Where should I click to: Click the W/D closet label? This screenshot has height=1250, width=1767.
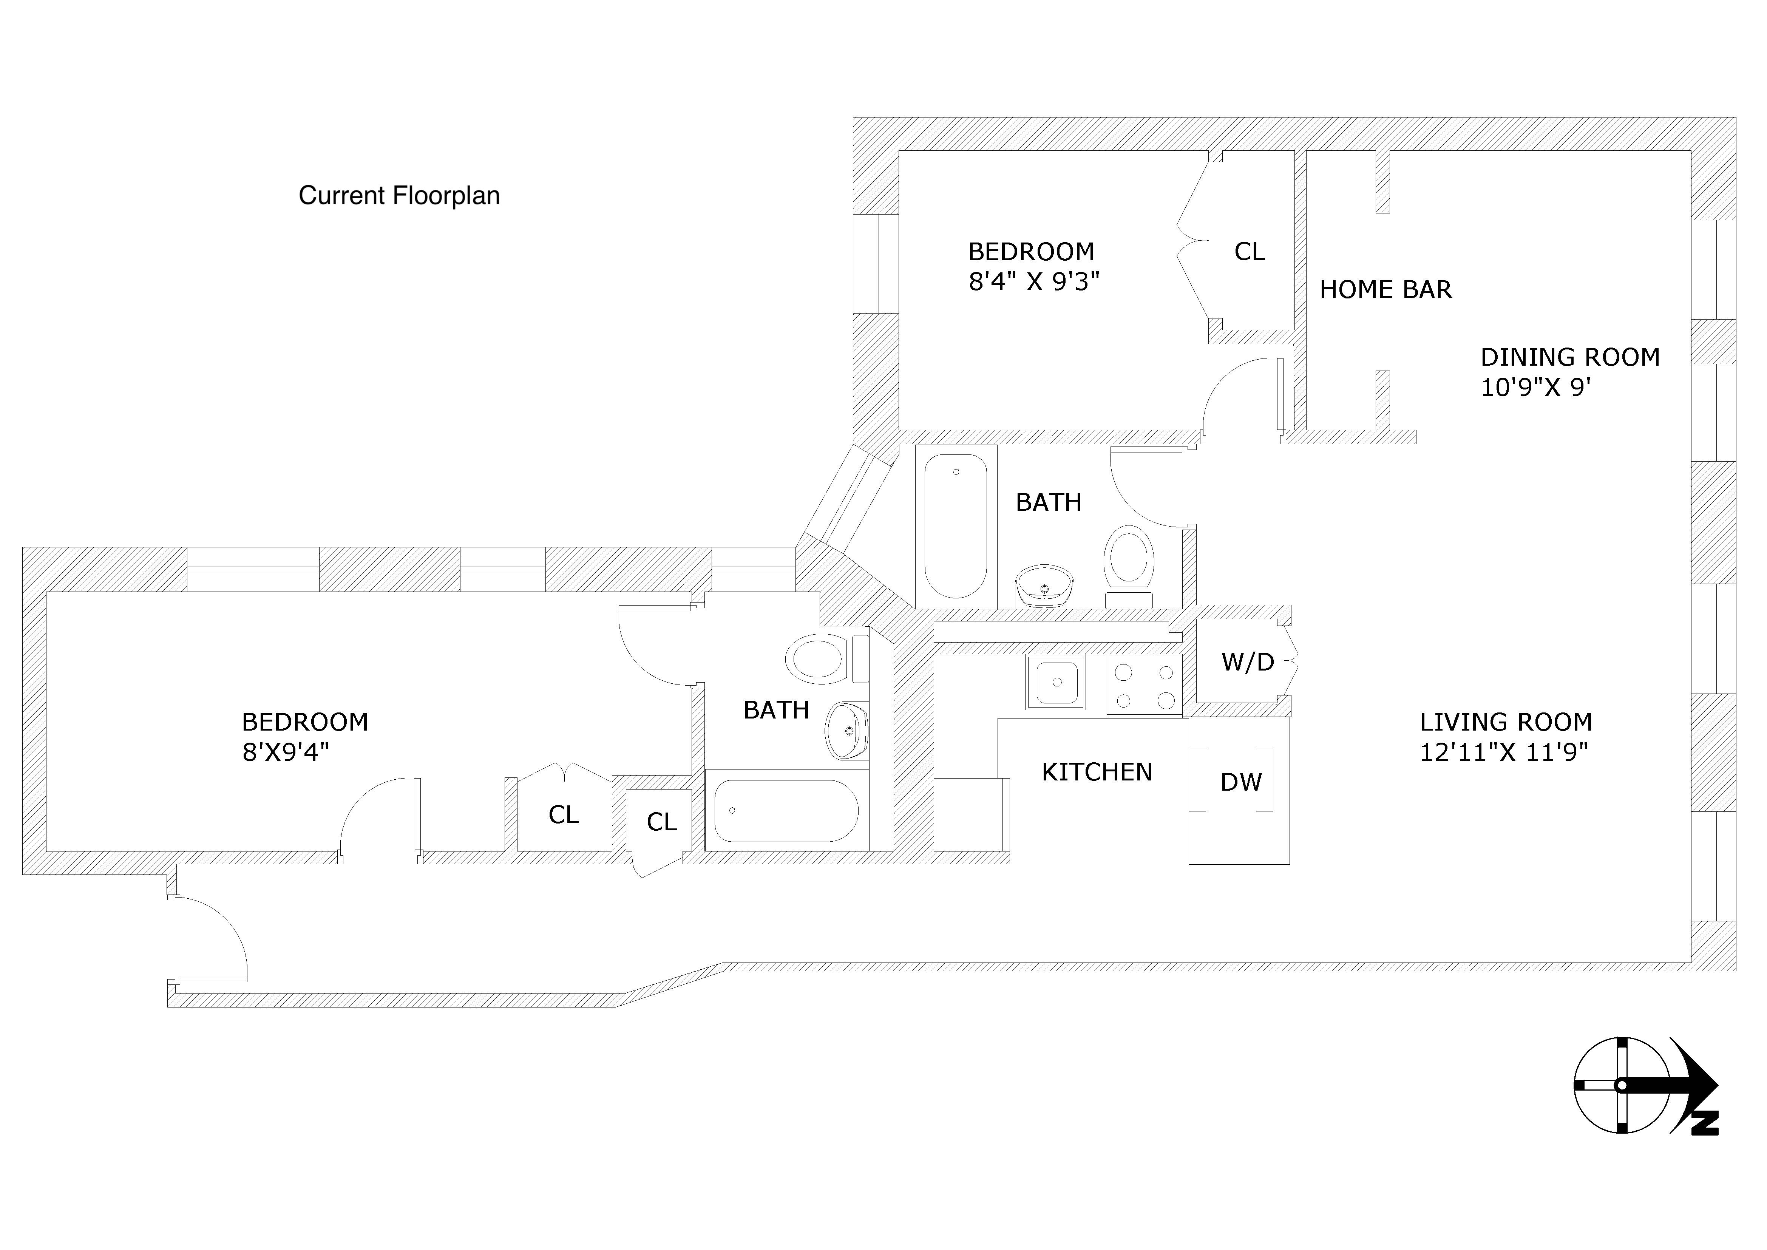coord(1248,662)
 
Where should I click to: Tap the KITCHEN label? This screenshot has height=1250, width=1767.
coord(1097,772)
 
